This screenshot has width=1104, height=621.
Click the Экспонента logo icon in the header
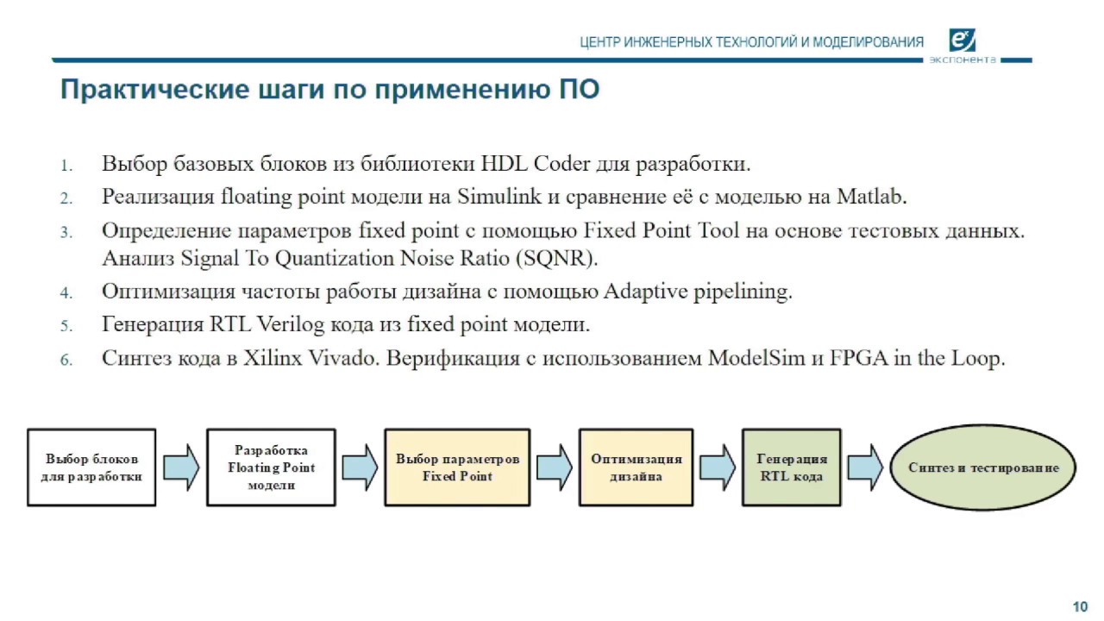tap(962, 41)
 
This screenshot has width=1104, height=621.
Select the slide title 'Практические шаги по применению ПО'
tap(329, 90)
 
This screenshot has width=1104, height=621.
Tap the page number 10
tap(1079, 605)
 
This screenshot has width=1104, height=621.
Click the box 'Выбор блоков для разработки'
tap(92, 467)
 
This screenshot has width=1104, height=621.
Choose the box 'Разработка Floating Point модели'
tap(271, 467)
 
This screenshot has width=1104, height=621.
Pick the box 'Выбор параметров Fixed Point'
tap(457, 467)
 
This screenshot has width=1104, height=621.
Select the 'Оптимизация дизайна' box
tap(636, 467)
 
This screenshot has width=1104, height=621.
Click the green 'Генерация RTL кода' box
tap(791, 467)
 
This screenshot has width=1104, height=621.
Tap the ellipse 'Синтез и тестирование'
tap(983, 467)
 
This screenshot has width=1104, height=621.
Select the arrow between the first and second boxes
tap(181, 467)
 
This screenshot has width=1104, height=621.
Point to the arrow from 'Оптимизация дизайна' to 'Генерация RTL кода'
tap(717, 467)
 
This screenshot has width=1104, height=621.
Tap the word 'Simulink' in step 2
tap(499, 197)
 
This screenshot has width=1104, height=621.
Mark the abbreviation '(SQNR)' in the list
tap(564, 258)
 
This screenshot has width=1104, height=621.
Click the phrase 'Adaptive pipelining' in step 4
tap(697, 292)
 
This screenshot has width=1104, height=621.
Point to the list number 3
tap(66, 233)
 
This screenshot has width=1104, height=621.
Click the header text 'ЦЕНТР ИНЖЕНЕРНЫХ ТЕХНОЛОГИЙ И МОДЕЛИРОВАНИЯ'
tap(751, 42)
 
